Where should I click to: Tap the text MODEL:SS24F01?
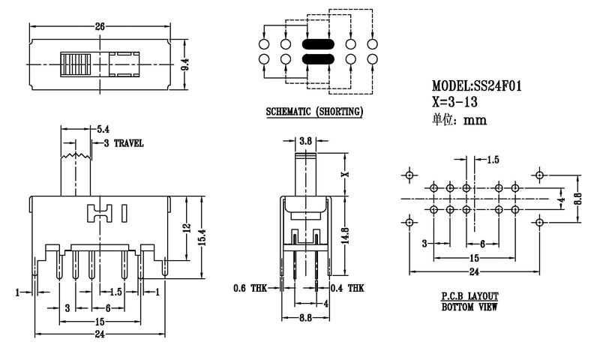tap(477, 87)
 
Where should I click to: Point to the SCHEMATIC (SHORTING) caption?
tap(315, 112)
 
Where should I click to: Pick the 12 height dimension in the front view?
tap(185, 227)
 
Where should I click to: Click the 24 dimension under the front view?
tap(99, 334)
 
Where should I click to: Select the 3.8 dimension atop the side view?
tap(305, 140)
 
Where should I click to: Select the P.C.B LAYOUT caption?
tap(469, 297)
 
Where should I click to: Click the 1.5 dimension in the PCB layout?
tap(493, 160)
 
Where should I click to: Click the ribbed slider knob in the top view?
tap(76, 65)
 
